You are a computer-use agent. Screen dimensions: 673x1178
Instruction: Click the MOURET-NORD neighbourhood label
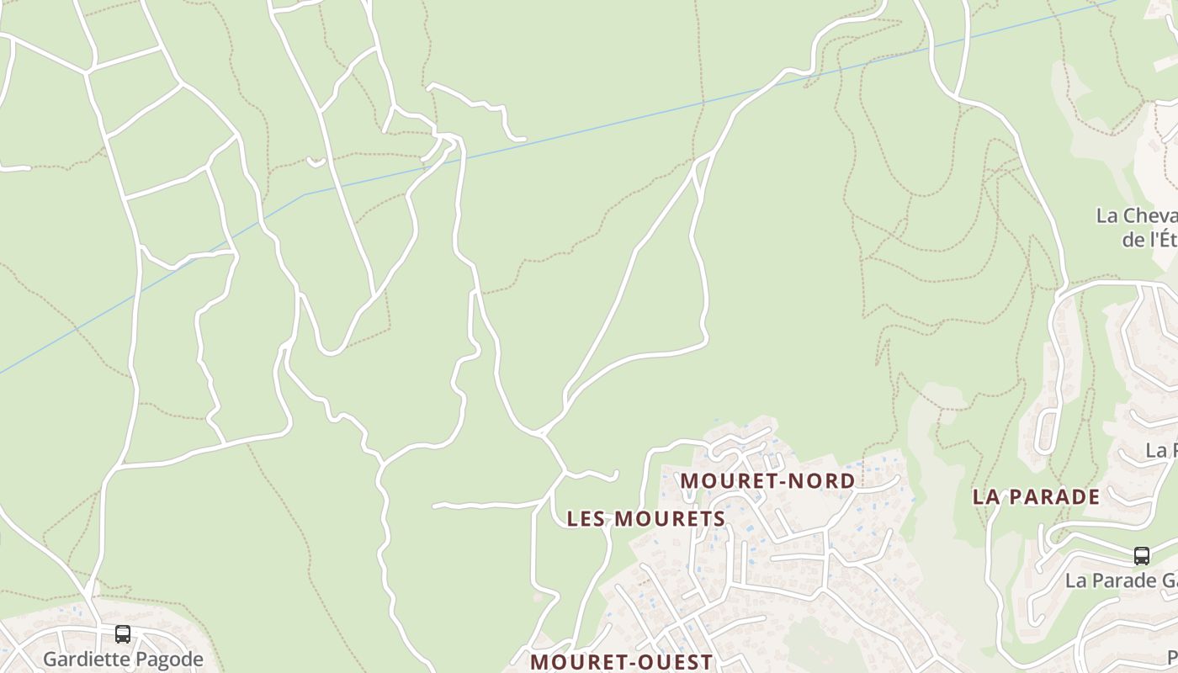click(x=767, y=481)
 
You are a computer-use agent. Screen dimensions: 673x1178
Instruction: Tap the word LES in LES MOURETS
click(x=586, y=519)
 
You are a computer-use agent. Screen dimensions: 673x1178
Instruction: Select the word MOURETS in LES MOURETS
click(x=670, y=519)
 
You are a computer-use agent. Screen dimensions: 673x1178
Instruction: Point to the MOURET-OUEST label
click(x=621, y=662)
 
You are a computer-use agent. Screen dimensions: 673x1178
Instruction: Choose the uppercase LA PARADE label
click(x=1036, y=496)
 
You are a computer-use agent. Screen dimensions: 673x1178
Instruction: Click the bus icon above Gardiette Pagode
click(x=123, y=634)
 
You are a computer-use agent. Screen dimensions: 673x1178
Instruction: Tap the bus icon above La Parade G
click(x=1141, y=556)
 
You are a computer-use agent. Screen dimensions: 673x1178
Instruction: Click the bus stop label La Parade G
click(x=1120, y=580)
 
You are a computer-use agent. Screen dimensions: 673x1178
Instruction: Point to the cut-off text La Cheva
click(x=1136, y=215)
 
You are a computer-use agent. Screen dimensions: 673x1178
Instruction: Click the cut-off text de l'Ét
click(x=1149, y=239)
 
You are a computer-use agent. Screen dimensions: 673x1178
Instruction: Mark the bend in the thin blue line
click(x=305, y=195)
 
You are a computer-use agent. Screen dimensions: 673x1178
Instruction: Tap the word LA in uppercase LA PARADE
click(x=985, y=496)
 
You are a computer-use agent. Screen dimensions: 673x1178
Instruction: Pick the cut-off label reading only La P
click(x=1161, y=451)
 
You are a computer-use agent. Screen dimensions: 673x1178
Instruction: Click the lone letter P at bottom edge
click(x=1172, y=657)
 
